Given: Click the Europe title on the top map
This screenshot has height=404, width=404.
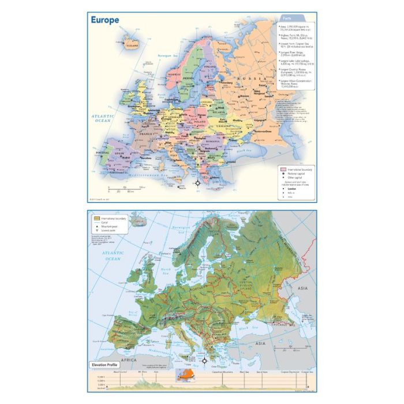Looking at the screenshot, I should pos(105,21).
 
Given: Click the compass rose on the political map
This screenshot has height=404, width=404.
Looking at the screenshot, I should pos(197,184).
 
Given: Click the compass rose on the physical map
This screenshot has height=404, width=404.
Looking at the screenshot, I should pos(204,361).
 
